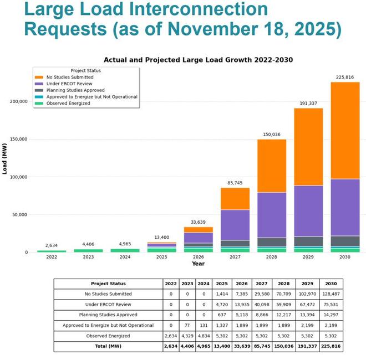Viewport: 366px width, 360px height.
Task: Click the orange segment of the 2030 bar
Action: tap(345, 130)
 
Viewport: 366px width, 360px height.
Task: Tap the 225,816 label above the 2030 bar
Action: tap(345, 78)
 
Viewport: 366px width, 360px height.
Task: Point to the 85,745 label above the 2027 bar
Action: tap(235, 183)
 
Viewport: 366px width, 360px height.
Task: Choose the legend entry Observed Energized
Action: tap(68, 103)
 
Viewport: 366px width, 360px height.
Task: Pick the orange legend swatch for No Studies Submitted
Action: tap(39, 77)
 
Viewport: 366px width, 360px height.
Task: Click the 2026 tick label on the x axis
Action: tap(198, 257)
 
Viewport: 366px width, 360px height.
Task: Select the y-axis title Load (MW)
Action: tap(4, 158)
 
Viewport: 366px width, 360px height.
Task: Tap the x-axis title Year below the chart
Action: tap(198, 264)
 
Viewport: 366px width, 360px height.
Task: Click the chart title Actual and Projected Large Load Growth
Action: tap(198, 60)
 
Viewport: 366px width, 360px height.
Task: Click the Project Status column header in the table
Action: tap(108, 284)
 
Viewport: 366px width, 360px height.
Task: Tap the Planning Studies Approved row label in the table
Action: tap(108, 315)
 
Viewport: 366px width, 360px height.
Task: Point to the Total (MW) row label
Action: tap(108, 347)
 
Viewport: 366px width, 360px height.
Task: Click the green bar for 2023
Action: tap(88, 250)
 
